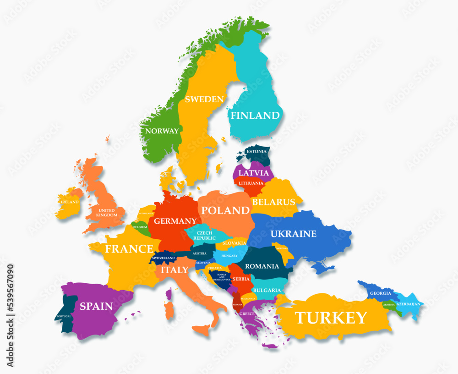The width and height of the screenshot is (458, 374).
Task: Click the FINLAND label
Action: point(255,115)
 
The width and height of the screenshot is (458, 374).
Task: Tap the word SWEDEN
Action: point(204,99)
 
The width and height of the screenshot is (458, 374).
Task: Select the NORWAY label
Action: point(162,131)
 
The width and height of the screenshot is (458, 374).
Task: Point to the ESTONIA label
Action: point(256,151)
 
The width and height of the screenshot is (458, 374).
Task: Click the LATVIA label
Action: point(254,173)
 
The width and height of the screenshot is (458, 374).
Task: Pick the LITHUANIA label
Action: point(251,183)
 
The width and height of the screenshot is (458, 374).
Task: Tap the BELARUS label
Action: point(273,202)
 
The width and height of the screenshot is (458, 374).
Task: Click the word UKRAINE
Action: point(293,234)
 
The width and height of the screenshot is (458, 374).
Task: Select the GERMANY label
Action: point(175,221)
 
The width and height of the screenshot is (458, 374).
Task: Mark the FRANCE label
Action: point(129,249)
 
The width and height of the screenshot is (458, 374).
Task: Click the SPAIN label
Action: point(96,306)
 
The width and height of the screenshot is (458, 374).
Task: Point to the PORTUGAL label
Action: point(64,317)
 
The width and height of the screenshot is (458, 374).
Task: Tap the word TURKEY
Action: point(330,318)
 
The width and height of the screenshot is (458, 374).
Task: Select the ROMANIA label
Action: point(262,266)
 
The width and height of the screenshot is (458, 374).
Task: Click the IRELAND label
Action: point(70,202)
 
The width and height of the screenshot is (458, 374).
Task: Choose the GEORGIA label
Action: point(381,293)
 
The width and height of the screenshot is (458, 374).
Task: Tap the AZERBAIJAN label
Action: point(408,304)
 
